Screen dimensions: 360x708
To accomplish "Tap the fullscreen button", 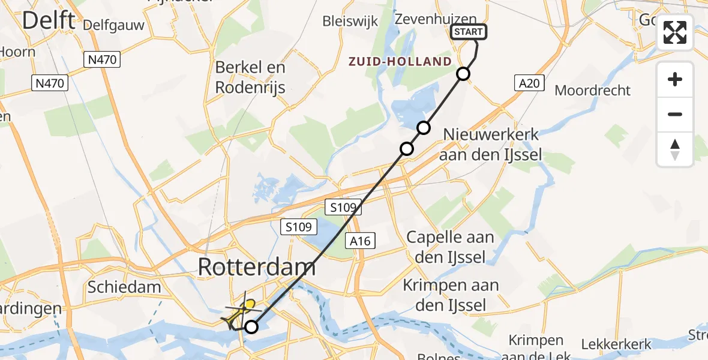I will point(675,32).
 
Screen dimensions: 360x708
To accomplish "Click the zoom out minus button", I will point(675,114).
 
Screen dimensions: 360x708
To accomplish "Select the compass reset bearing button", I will point(675,149).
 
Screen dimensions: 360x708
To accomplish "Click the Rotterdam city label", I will point(256,267).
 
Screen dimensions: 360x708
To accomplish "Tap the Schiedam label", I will point(124,287).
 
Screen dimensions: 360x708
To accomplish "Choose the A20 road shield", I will point(529,83).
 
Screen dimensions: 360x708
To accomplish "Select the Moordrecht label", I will point(593,91).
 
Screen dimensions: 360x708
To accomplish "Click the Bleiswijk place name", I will point(350,21).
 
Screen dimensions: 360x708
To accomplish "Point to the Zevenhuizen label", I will point(436,20).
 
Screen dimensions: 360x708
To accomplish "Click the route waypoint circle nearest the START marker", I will point(463,74).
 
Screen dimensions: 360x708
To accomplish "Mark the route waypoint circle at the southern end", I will point(251,327).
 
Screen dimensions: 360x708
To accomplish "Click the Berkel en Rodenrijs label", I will point(250,77).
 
